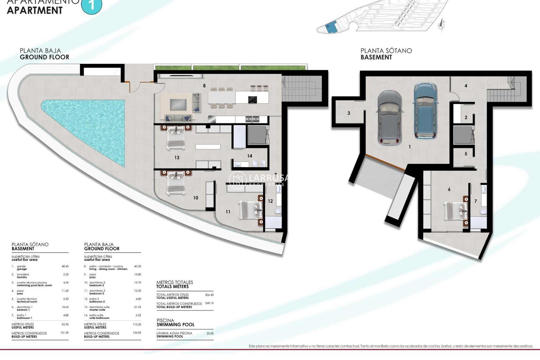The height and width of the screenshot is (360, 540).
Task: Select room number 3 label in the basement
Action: click(349, 113)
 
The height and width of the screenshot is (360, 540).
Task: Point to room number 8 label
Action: click(204, 86)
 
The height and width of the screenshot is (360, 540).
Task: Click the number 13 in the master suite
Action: click(177, 158)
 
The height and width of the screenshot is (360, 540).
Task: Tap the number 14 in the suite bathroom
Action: click(249, 156)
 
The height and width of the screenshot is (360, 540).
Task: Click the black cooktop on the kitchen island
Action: click(252, 100)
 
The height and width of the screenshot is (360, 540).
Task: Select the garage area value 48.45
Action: click(65, 266)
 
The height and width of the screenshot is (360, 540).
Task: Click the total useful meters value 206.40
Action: click(209, 295)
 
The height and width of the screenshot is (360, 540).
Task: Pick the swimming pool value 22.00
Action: click(210, 333)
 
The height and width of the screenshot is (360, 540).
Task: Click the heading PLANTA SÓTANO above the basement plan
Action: click(386, 51)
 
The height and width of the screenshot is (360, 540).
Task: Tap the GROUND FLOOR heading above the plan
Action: click(44, 57)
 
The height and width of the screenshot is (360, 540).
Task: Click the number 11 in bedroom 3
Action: click(228, 212)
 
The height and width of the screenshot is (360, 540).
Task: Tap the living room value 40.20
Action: click(137, 266)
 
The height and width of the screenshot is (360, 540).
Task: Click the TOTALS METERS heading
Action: click(172, 287)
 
